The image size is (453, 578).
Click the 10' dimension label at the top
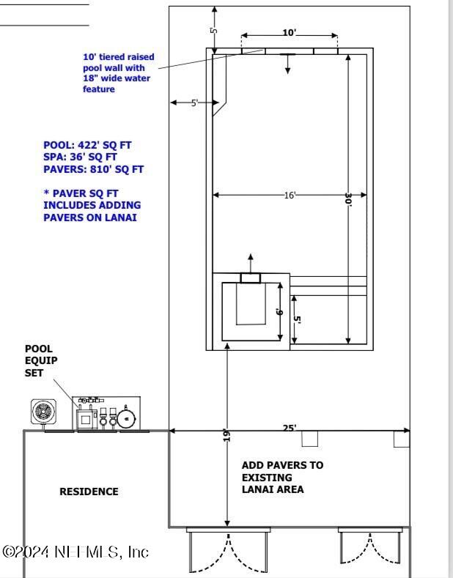(x=290, y=32)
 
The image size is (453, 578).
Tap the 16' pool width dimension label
(x=290, y=195)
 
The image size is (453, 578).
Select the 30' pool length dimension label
(x=348, y=200)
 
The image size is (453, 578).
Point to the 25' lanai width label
(x=290, y=428)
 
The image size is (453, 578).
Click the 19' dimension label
(x=227, y=435)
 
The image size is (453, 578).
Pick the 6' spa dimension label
(x=279, y=312)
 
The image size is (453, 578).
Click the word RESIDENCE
(x=89, y=492)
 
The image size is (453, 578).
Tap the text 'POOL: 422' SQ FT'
(x=87, y=145)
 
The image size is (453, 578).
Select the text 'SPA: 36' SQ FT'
(x=80, y=157)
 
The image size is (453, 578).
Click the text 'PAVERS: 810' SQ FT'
(x=93, y=169)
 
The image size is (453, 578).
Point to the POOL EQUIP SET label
(x=41, y=360)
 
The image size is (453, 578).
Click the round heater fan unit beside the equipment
(x=43, y=412)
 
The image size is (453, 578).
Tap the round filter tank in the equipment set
(x=127, y=418)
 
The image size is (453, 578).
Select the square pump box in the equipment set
(x=86, y=419)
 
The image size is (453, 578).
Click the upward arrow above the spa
(x=251, y=264)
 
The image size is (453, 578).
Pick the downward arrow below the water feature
(x=287, y=64)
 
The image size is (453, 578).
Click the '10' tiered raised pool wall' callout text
(x=119, y=73)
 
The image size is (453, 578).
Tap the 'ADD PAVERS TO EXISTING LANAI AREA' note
(x=282, y=478)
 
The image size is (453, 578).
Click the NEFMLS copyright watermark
(x=75, y=552)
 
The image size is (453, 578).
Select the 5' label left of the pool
(x=194, y=103)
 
